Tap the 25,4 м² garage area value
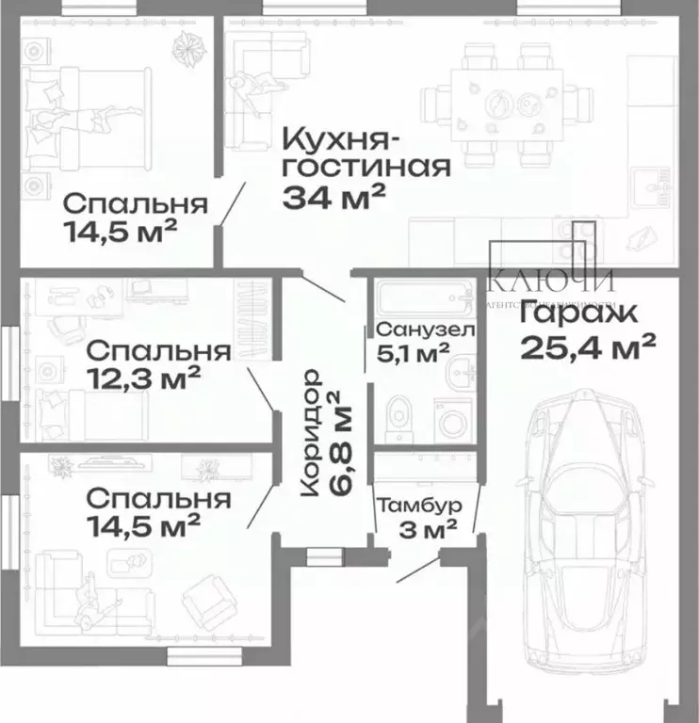click(x=588, y=347)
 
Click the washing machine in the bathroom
click(x=452, y=419)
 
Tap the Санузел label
click(x=425, y=329)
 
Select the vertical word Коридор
click(x=311, y=433)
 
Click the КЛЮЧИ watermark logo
click(x=551, y=279)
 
